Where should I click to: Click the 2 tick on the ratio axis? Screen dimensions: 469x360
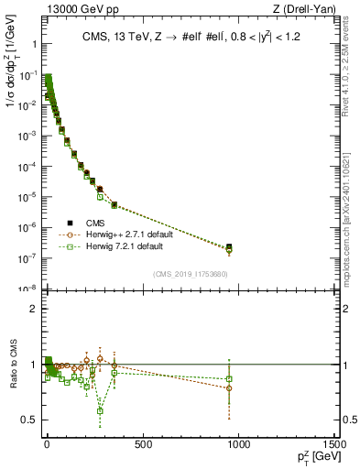coord(33,309)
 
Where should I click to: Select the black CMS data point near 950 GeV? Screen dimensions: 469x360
coord(229,246)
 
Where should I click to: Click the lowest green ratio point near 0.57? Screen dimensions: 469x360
coord(100,410)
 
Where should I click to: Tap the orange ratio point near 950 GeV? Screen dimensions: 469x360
coord(229,388)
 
